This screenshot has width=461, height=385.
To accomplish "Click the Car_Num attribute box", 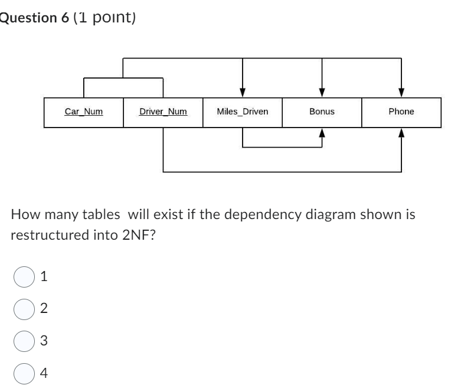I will click(83, 112).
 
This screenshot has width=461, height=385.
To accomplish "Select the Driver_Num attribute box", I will click(163, 112).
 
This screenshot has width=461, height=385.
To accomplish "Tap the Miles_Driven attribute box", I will click(242, 112).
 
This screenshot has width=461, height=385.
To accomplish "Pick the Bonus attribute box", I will click(322, 112).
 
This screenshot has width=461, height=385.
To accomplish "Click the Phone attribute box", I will click(401, 112).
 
